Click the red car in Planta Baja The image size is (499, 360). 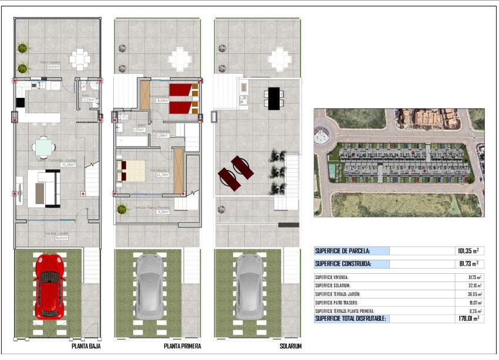(x=49, y=286)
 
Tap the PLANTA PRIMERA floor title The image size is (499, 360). (x=183, y=347)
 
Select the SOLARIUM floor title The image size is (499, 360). (x=290, y=347)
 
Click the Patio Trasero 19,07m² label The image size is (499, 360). (x=51, y=64)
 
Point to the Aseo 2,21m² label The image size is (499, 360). (x=88, y=97)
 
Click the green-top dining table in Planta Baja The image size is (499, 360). (x=44, y=146)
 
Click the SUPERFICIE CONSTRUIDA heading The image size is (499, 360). (x=343, y=264)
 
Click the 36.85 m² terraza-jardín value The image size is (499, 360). (x=472, y=294)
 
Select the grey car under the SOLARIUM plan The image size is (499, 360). (x=249, y=286)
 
